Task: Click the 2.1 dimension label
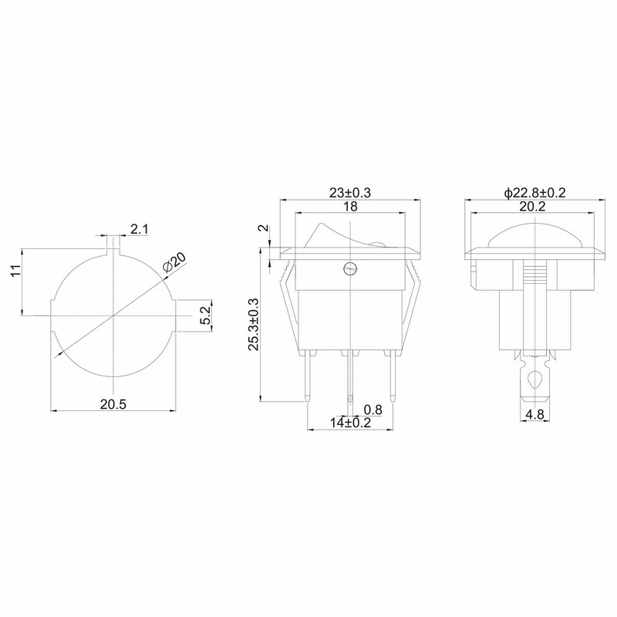pyautogui.click(x=140, y=229)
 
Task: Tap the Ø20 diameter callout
pyautogui.click(x=174, y=261)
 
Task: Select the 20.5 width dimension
pyautogui.click(x=113, y=404)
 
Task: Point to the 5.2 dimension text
pyautogui.click(x=205, y=315)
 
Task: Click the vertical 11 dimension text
pyautogui.click(x=15, y=271)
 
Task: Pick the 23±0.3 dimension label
pyautogui.click(x=350, y=193)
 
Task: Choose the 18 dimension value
pyautogui.click(x=350, y=206)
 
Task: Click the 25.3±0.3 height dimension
pyautogui.click(x=253, y=324)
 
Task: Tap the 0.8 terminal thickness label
pyautogui.click(x=373, y=410)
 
